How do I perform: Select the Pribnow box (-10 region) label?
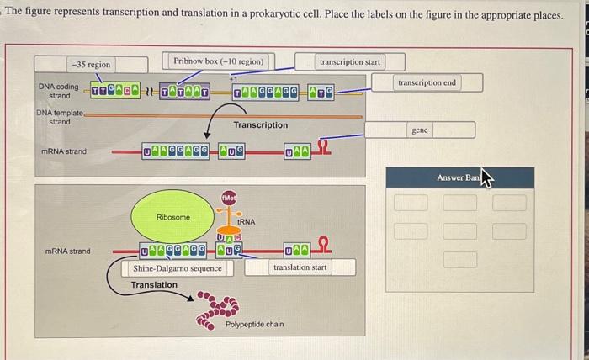click(x=218, y=61)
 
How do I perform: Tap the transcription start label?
click(x=349, y=61)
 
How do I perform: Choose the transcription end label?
click(x=427, y=82)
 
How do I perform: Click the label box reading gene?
click(x=419, y=130)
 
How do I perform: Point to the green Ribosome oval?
click(x=173, y=217)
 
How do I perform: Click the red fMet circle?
click(x=229, y=197)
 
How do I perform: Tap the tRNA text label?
click(x=247, y=222)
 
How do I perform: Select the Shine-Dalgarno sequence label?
click(x=178, y=268)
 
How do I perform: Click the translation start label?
click(x=300, y=267)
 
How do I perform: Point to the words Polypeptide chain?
click(x=254, y=324)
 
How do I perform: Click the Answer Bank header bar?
click(x=459, y=177)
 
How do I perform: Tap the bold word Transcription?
click(x=260, y=125)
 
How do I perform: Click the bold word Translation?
click(x=154, y=285)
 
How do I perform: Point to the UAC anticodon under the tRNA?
click(x=230, y=239)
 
